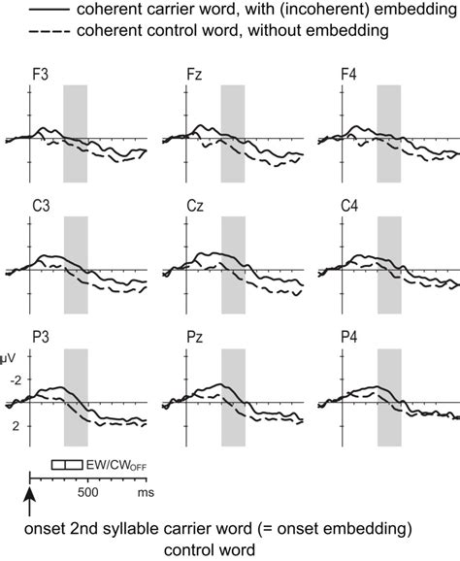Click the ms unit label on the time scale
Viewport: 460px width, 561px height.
(x=146, y=492)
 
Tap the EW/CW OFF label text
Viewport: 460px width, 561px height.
(x=122, y=465)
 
